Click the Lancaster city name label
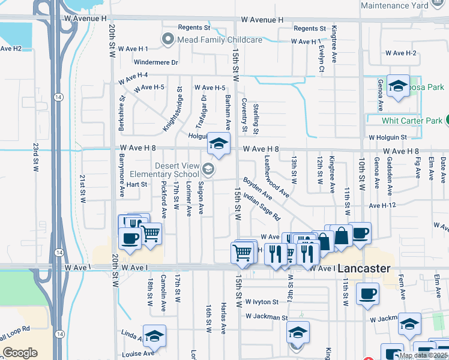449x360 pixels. (364, 269)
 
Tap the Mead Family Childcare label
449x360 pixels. (220, 40)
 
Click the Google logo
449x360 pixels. (20, 353)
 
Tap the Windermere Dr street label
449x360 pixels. (157, 62)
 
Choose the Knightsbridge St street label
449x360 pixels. (172, 109)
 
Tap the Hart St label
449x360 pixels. (136, 184)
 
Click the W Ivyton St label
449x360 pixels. (258, 302)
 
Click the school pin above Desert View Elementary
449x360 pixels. (218, 144)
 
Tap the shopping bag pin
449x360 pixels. (341, 236)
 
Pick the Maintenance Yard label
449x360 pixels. (394, 6)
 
